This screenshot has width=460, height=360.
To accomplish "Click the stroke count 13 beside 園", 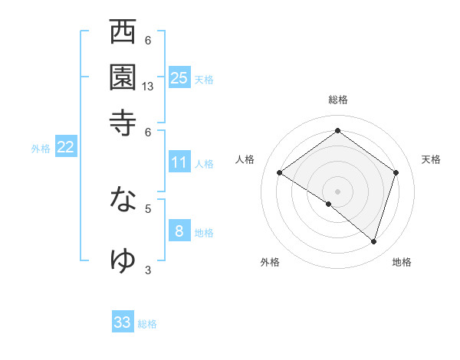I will coord(148,87).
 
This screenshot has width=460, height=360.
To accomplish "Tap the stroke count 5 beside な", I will coord(148,207).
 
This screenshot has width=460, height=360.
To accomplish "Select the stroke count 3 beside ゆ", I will coord(148,270).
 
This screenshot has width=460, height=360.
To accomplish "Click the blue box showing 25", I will coord(179,77).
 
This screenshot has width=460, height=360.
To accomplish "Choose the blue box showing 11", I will coord(179,162).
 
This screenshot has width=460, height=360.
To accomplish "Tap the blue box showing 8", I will coord(179,231).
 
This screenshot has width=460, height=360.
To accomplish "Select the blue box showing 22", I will coord(65,147).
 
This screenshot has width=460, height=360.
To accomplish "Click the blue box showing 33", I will coord(123,322).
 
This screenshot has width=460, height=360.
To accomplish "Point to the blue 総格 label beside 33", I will coord(147,324).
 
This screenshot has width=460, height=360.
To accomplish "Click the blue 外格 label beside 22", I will coord(41,149).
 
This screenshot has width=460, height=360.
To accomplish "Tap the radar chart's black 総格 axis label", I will coord(337,100).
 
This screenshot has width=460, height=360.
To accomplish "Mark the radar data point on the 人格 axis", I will coord(280,173).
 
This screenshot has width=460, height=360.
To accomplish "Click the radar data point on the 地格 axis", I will coord(373,241).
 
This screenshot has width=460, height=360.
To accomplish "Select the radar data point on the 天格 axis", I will coord(396,172).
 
